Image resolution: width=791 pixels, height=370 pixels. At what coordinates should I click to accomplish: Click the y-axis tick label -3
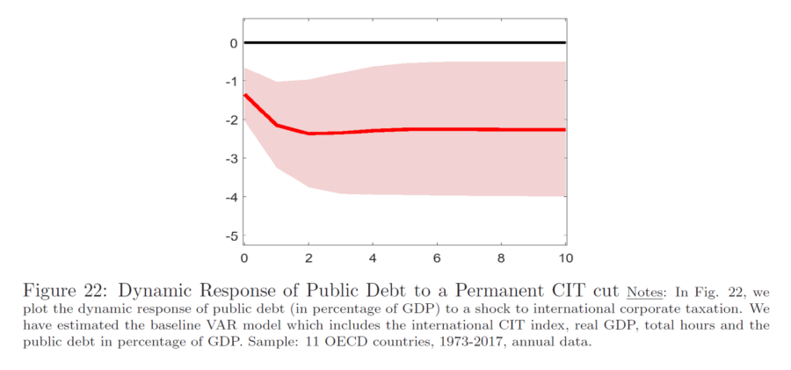pyautogui.click(x=230, y=158)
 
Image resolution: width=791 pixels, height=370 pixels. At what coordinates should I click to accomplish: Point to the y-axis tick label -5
pyautogui.click(x=230, y=236)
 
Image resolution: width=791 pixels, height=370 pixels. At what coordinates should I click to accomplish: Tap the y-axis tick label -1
pyautogui.click(x=230, y=81)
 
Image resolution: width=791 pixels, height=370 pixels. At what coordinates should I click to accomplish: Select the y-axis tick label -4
pyautogui.click(x=230, y=196)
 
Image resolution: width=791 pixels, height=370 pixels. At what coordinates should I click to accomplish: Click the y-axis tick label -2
pyautogui.click(x=230, y=120)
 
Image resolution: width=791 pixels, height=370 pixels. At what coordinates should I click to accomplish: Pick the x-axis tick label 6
pyautogui.click(x=437, y=258)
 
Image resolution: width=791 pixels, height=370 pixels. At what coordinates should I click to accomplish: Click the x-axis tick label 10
pyautogui.click(x=566, y=258)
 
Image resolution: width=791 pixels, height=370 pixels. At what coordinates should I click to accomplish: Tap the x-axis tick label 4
pyautogui.click(x=373, y=258)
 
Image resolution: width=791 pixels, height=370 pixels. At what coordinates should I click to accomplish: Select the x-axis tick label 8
pyautogui.click(x=502, y=258)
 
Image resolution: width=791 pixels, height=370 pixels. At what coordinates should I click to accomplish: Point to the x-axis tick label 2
pyautogui.click(x=308, y=258)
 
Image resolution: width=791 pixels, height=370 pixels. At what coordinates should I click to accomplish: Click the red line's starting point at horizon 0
pyautogui.click(x=244, y=95)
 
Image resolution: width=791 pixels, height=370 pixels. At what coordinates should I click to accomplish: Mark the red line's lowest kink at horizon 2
pyautogui.click(x=308, y=134)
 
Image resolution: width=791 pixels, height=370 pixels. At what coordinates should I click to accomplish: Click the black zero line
pyautogui.click(x=404, y=43)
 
